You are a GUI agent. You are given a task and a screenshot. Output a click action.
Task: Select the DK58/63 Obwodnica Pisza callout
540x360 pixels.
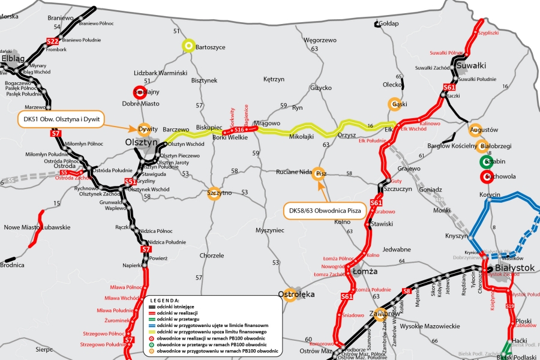(x=324, y=211)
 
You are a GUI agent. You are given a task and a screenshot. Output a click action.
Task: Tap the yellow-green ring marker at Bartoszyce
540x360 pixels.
(x=188, y=44)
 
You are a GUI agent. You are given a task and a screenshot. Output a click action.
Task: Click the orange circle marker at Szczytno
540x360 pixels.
(x=213, y=194)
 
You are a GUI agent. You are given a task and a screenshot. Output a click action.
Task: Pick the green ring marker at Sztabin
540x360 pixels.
(x=486, y=161)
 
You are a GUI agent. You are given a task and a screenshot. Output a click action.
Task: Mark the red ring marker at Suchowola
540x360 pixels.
(x=486, y=176)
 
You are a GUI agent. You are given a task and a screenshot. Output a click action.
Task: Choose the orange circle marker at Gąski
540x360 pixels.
(x=394, y=103)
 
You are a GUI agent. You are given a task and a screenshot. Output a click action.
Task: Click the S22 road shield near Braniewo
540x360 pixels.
(x=52, y=41)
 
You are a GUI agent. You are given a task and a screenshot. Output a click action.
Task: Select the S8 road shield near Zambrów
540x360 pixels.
(x=406, y=292)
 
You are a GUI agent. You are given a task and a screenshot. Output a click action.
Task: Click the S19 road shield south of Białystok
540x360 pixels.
(x=510, y=306)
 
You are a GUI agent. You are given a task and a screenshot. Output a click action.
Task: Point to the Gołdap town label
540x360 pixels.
(x=388, y=23)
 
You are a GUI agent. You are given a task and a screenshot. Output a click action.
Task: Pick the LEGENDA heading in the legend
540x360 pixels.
(x=166, y=300)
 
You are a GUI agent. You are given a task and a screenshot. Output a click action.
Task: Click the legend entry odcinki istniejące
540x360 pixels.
(x=181, y=306)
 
